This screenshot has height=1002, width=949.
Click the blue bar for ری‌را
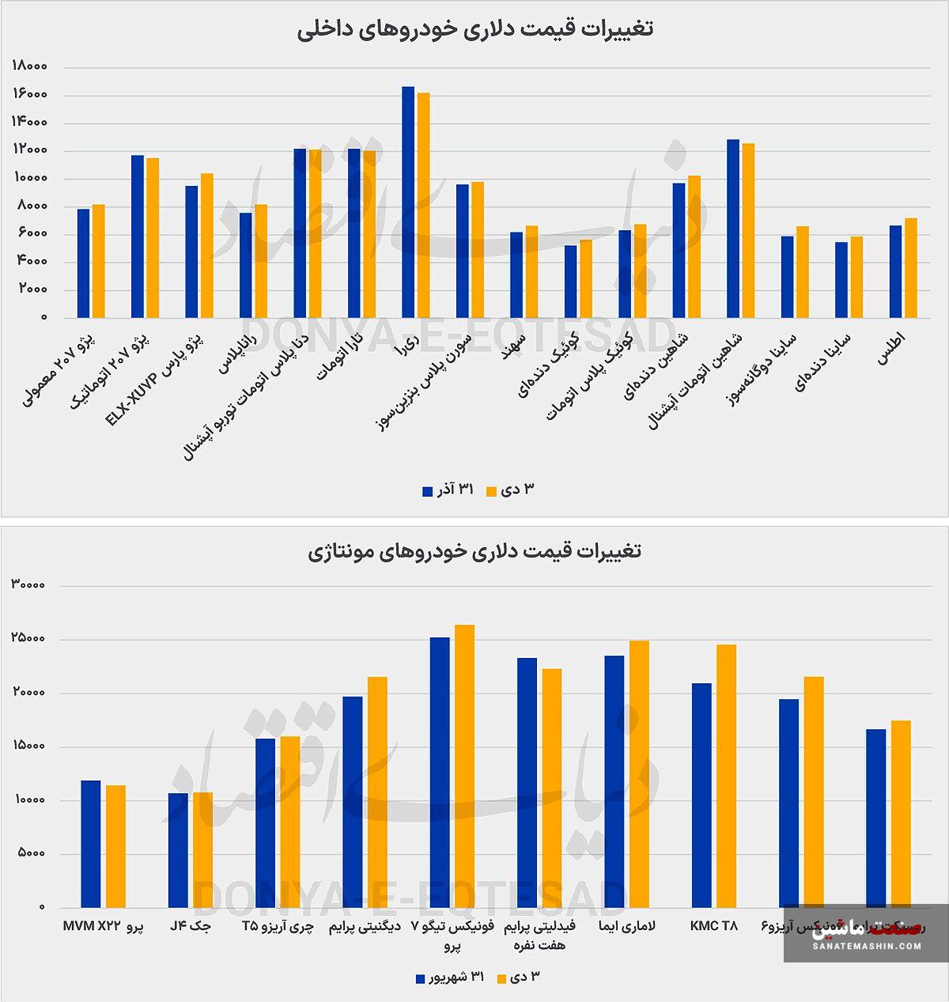pyautogui.click(x=408, y=202)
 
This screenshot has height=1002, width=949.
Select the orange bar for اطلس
pyautogui.click(x=911, y=268)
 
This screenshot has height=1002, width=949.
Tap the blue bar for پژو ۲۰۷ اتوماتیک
pyautogui.click(x=138, y=236)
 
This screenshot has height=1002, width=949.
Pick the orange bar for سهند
pyautogui.click(x=531, y=272)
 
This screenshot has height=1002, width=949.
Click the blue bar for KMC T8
pyautogui.click(x=701, y=795)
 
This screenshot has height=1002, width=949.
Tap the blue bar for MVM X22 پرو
pyautogui.click(x=91, y=844)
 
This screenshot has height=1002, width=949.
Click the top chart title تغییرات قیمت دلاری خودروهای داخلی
pyautogui.click(x=475, y=30)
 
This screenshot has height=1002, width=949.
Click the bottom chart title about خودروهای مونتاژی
pyautogui.click(x=475, y=551)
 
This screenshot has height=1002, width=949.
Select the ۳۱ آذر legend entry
pyautogui.click(x=448, y=490)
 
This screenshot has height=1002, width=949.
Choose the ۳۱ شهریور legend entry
pyautogui.click(x=450, y=978)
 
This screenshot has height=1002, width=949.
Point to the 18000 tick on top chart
pyautogui.click(x=30, y=67)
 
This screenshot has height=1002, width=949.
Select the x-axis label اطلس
pyautogui.click(x=892, y=349)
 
